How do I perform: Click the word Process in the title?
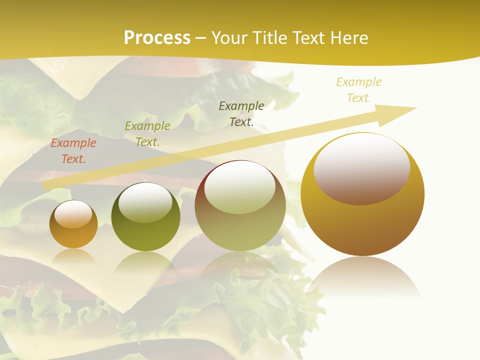tap(157, 38)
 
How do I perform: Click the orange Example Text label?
tap(73, 151)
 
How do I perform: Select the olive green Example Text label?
tap(147, 134)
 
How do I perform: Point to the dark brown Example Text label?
tap(241, 113)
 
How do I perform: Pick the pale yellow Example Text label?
tap(359, 90)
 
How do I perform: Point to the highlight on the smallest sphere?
tap(73, 214)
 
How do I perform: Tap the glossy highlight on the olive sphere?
tap(145, 202)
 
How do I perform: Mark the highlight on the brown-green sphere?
tap(240, 187)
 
